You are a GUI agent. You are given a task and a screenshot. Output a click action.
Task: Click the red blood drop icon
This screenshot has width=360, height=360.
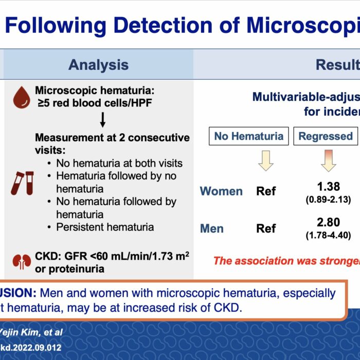pos(22,97)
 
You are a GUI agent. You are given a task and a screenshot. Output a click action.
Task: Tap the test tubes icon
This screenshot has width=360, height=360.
pos(22,183)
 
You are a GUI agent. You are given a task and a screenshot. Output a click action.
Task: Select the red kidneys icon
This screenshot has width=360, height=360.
pos(22,262)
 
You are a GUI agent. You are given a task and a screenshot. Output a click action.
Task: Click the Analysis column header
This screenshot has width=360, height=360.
pos(99,65)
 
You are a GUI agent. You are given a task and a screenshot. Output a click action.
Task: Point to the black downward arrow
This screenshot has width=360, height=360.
pos(103,120)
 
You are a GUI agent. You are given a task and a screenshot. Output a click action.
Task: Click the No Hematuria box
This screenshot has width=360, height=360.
pos(248,136)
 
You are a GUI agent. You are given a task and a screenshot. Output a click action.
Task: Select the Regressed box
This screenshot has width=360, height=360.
pos(326,136)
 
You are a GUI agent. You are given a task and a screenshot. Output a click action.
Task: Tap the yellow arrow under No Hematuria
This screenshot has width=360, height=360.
pos(266,160)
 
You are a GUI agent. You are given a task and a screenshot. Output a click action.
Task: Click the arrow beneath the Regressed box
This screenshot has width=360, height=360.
pos(328,160)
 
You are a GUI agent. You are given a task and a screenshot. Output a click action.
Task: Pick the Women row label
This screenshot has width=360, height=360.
pos(221,191)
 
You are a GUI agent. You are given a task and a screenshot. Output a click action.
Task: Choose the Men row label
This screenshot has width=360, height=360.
pos(212,228)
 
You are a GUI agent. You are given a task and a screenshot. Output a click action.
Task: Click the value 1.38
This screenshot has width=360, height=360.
pos(328,186)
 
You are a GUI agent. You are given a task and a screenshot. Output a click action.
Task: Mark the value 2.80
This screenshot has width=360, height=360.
pos(328,222)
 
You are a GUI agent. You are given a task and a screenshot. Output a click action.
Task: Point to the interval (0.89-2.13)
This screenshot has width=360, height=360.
pos(328,200)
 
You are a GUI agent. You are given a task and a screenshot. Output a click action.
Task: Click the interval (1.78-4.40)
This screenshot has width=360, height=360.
pos(328,236)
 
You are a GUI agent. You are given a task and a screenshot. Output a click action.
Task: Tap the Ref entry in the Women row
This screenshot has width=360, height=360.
pos(266,191)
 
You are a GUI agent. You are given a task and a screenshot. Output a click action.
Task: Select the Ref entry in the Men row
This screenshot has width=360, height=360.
pos(266,228)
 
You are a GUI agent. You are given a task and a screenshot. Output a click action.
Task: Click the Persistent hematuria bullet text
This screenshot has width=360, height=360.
pos(105,227)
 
